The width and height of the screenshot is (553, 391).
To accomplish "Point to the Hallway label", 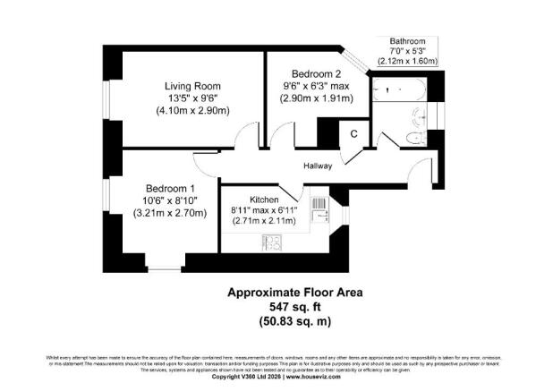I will coord(318,165).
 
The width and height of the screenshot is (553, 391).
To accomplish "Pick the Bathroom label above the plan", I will coord(407,41).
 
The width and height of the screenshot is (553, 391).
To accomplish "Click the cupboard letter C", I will coord(354,134).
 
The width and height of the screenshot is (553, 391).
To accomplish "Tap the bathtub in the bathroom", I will coord(400,90).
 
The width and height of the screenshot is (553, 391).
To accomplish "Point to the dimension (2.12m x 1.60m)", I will coord(407,62).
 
